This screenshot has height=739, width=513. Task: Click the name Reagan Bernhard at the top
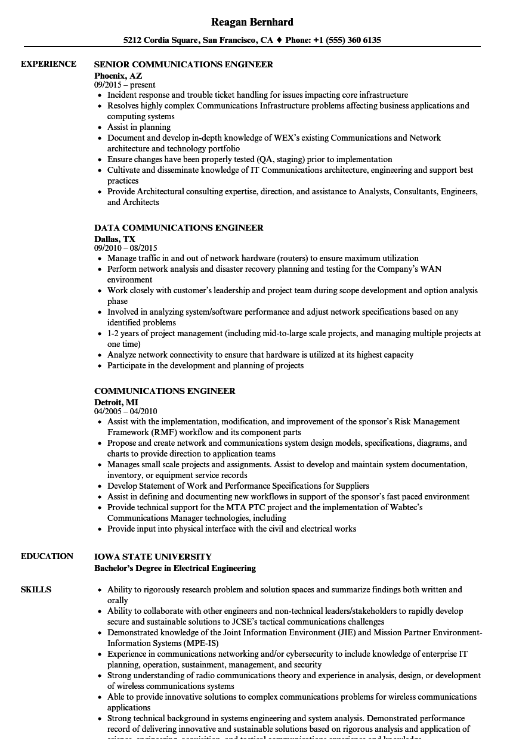[x=252, y=22]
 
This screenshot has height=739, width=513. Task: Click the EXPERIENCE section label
[x=48, y=64]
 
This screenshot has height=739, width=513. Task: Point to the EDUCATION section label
[x=47, y=556]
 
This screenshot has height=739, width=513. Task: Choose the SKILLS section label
[x=36, y=589]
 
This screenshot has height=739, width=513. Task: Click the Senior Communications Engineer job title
[x=184, y=64]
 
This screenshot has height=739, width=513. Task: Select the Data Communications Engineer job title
[x=179, y=228]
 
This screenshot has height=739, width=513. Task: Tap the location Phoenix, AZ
[x=118, y=76]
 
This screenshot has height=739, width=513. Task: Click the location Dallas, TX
[x=115, y=239]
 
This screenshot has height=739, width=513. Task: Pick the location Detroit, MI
[x=116, y=402]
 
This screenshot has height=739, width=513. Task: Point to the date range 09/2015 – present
[x=125, y=85]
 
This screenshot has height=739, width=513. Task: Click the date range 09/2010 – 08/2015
[x=126, y=248]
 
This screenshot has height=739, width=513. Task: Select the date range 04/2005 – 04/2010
[x=126, y=411]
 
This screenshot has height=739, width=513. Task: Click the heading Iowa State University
[x=153, y=557]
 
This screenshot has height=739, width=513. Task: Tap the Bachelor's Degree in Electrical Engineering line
[x=175, y=568]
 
